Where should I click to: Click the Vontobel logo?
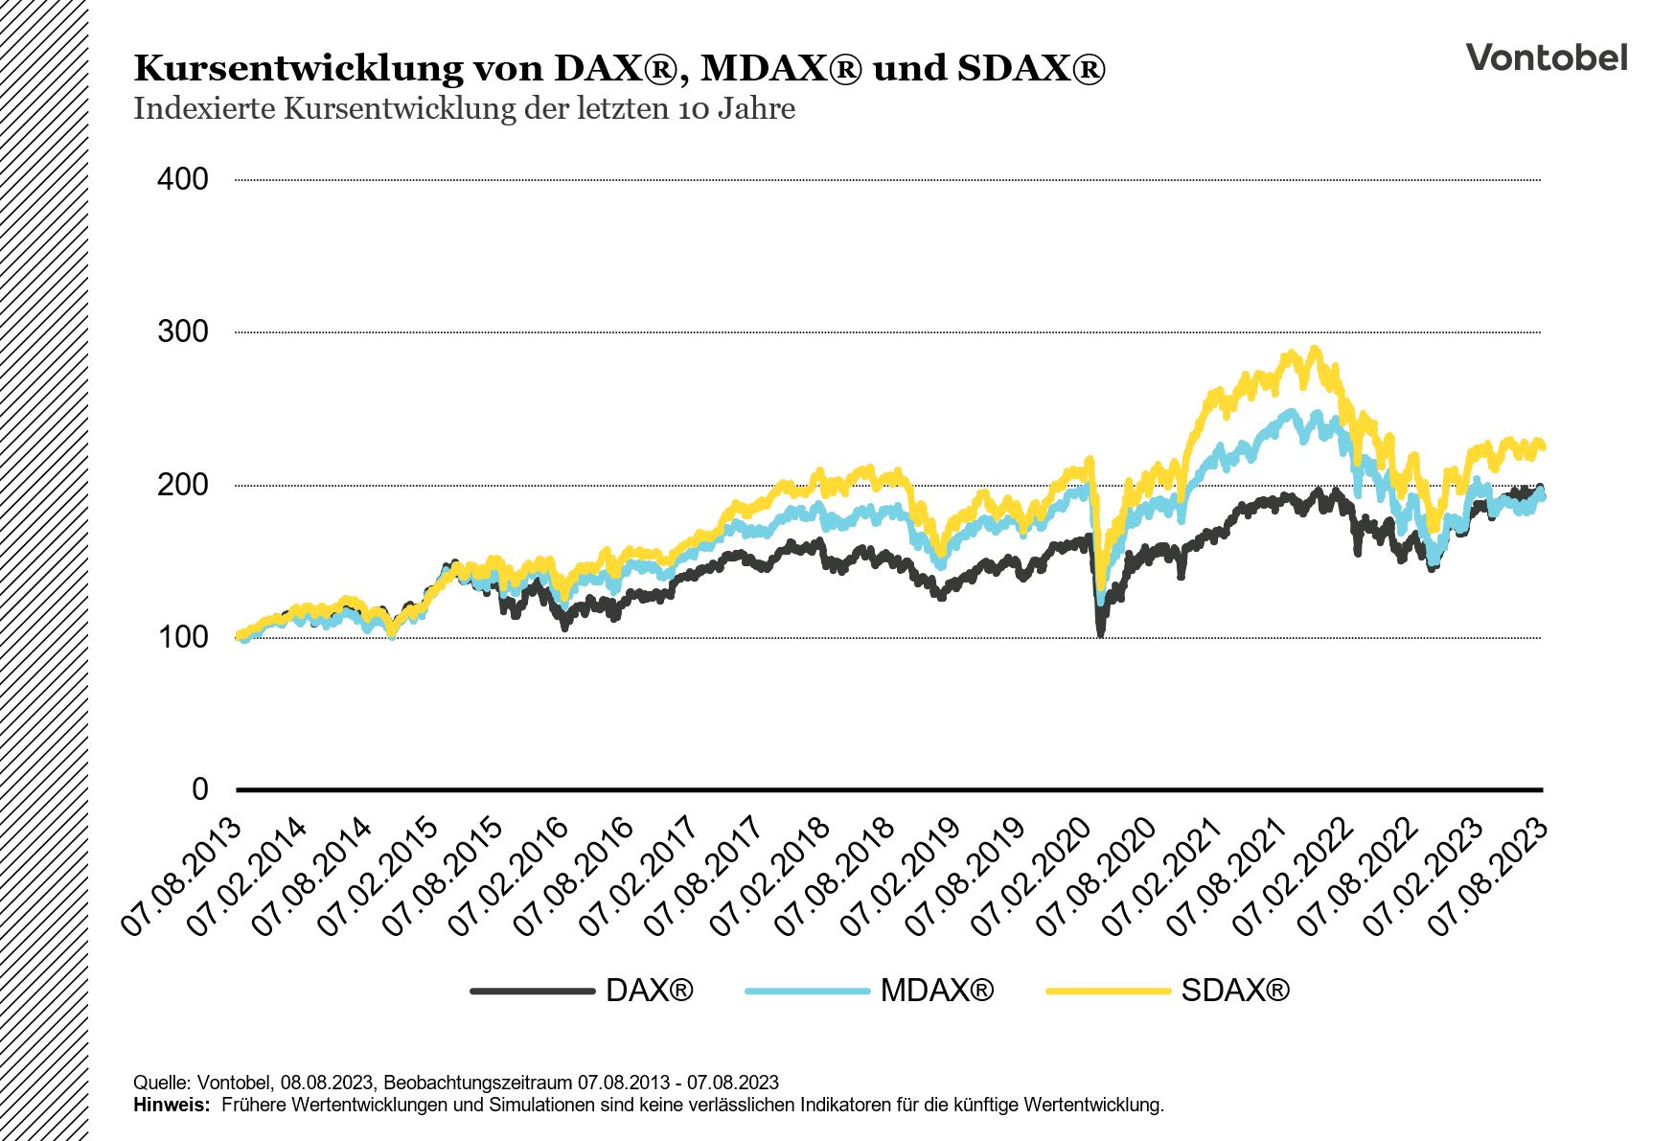point(1546,57)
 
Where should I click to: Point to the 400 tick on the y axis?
point(182,179)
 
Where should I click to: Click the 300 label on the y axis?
point(182,331)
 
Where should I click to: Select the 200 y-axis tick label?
point(182,485)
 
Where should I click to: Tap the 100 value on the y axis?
point(182,637)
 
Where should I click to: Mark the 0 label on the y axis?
point(199,789)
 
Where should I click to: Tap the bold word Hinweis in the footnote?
point(171,1106)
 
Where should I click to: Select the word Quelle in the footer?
point(161,1083)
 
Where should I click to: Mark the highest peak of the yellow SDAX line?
point(1315,351)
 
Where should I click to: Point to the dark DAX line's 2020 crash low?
point(1100,633)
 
